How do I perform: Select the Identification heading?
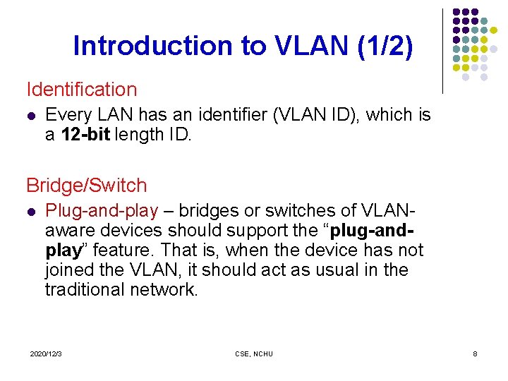82,90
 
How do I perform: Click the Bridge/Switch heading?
87,186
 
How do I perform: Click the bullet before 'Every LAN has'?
31,116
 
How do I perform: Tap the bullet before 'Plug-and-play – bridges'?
31,212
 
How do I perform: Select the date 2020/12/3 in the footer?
46,353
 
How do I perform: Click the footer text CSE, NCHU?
253,353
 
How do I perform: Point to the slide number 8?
475,353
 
